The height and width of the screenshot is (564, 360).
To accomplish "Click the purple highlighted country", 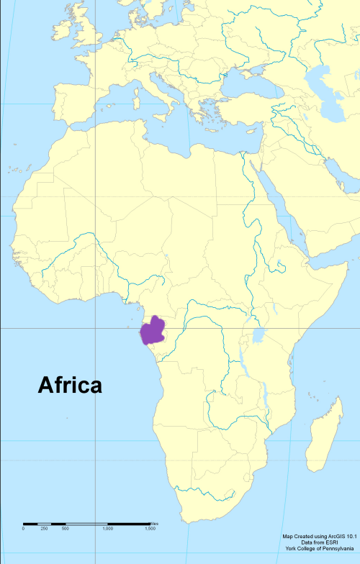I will click(153, 332).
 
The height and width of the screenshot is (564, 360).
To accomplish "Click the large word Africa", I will click(69, 385).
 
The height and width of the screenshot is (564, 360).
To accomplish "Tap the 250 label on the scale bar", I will click(44, 529).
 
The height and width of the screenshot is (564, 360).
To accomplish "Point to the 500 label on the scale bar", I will click(65, 529).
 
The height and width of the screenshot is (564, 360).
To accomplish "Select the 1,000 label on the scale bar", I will click(107, 529).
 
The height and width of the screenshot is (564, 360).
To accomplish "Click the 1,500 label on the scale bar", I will click(150, 529).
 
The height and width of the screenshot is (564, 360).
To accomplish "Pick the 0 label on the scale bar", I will click(23, 529).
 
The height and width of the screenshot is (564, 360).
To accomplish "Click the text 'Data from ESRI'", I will click(318, 543).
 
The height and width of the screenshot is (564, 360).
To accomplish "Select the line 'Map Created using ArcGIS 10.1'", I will click(318, 537).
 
